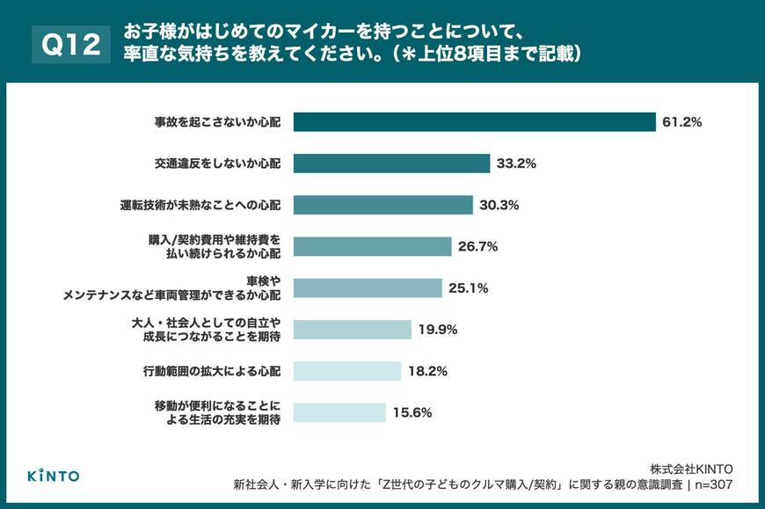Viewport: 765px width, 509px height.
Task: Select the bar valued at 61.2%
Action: tap(475, 122)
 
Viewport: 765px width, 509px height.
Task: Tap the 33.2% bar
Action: tap(391, 164)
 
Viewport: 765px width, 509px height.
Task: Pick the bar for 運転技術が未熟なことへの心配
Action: tap(382, 205)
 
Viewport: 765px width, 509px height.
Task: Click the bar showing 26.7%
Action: tap(372, 246)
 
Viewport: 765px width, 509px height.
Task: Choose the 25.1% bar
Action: tap(367, 287)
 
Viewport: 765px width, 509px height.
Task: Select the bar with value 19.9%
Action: tap(352, 329)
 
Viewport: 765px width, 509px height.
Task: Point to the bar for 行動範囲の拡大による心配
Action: tap(346, 370)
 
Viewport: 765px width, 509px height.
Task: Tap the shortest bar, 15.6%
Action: tap(339, 411)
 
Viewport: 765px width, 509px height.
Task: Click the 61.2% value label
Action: tap(681, 122)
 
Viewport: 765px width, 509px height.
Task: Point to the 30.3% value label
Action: tap(499, 205)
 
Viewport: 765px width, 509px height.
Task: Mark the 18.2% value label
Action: tap(427, 370)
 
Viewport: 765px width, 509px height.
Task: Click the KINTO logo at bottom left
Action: tap(53, 476)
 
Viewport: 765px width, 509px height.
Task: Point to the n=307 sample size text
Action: tap(711, 484)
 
